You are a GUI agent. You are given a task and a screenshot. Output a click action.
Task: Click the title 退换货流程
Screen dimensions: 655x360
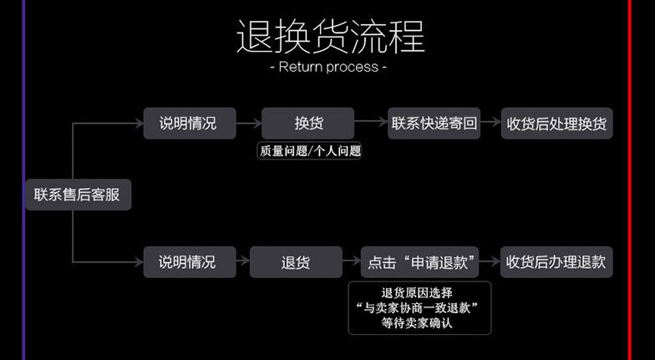point(330,37)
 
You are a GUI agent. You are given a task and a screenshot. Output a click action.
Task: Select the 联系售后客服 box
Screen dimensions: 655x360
point(77,195)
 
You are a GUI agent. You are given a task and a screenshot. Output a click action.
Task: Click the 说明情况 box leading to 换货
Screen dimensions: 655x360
point(187,123)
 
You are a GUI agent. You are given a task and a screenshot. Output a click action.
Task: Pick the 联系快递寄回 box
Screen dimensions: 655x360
point(434,123)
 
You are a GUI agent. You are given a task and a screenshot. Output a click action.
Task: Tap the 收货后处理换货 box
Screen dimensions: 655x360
point(556,123)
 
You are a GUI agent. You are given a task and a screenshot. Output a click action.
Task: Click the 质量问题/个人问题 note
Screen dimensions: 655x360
point(308,151)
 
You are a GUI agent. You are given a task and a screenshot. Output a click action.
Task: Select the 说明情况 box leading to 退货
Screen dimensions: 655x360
point(187,261)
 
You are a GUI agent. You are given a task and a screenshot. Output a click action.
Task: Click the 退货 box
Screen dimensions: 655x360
point(295,261)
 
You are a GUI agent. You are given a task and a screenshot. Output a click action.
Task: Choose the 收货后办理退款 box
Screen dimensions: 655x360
point(556,261)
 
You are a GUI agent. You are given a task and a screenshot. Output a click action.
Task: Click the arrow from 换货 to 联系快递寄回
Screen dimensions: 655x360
point(370,123)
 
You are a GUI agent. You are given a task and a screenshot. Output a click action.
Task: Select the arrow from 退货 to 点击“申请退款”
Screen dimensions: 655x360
point(352,261)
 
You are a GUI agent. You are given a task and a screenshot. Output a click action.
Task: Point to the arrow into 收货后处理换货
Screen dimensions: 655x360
point(491,123)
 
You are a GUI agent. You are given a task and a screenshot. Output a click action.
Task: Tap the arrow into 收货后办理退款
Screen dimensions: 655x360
point(491,261)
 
